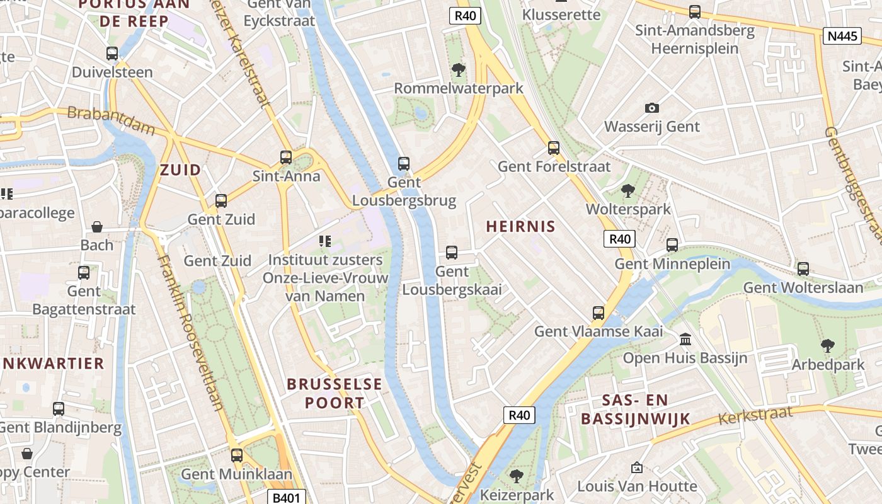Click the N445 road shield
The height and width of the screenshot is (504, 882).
pyautogui.click(x=842, y=36)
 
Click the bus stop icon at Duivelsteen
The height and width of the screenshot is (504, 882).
pyautogui.click(x=112, y=54)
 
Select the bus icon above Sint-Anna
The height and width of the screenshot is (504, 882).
pyautogui.click(x=286, y=157)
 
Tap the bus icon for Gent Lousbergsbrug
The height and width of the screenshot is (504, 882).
pyautogui.click(x=404, y=164)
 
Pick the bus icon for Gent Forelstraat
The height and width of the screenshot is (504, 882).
pyautogui.click(x=554, y=148)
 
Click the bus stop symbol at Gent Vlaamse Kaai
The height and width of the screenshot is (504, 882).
pyautogui.click(x=598, y=312)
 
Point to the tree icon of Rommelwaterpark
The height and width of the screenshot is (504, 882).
pyautogui.click(x=458, y=69)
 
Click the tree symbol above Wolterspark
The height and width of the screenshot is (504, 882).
pyautogui.click(x=627, y=190)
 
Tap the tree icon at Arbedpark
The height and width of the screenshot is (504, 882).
pyautogui.click(x=828, y=345)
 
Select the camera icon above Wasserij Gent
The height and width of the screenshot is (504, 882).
pyautogui.click(x=652, y=108)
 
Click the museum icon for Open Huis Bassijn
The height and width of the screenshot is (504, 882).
pyautogui.click(x=685, y=340)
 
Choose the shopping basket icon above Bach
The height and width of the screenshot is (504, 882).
pyautogui.click(x=97, y=227)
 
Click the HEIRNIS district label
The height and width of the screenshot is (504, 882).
pyautogui.click(x=520, y=227)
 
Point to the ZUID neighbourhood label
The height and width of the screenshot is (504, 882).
pyautogui.click(x=180, y=169)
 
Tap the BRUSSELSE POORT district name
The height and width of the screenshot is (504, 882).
pyautogui.click(x=335, y=393)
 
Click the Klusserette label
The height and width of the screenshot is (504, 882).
pyautogui.click(x=562, y=14)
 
